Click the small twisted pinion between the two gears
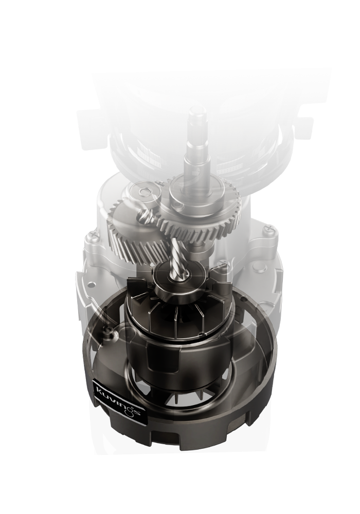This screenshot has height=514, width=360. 147,217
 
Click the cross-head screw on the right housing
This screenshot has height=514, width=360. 269,228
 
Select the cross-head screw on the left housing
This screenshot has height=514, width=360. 94,235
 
